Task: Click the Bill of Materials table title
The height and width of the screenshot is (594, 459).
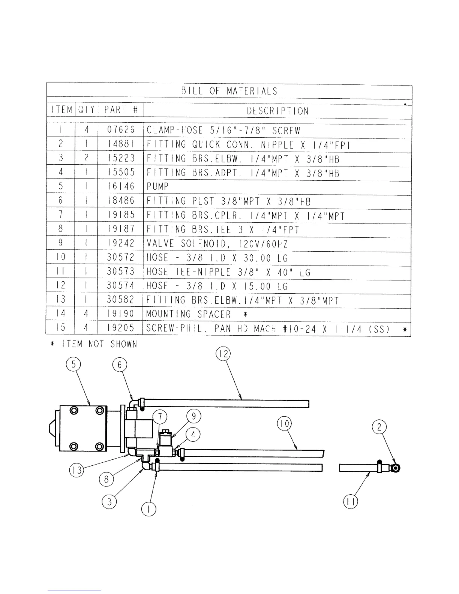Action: coord(229,91)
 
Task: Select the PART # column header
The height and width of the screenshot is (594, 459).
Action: coord(121,110)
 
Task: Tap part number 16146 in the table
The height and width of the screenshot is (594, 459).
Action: coord(121,186)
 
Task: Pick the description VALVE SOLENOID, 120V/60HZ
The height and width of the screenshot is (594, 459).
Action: coord(217,244)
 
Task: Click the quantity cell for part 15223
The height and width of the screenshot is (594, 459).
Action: coord(86,158)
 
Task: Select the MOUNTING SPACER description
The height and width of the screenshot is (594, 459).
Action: coord(188,314)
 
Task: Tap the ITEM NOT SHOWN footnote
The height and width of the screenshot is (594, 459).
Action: coord(94,344)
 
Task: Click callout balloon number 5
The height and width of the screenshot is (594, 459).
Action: coord(73,364)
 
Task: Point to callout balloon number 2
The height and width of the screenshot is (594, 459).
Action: coord(379,427)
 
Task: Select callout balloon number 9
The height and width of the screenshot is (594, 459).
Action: coord(194,416)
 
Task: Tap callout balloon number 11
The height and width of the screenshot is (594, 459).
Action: coord(350,502)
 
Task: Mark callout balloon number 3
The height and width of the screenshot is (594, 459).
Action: coord(109,502)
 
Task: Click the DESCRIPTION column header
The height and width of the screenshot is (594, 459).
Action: coord(277,111)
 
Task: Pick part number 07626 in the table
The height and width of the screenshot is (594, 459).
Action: coord(121,130)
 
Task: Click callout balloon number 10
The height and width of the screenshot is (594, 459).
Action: coord(284,424)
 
